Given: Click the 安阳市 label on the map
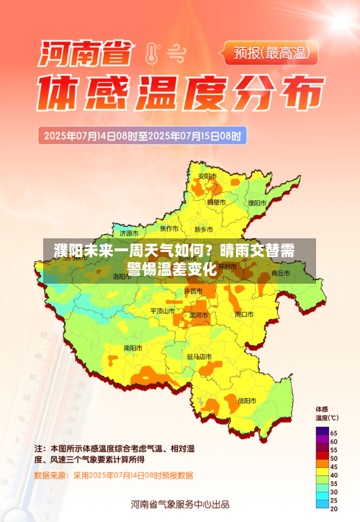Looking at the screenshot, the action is click(x=207, y=176).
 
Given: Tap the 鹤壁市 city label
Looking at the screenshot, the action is click(x=217, y=202).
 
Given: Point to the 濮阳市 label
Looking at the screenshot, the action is click(x=257, y=203).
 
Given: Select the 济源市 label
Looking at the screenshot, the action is click(x=130, y=233).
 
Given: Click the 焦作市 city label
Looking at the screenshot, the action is click(x=169, y=228).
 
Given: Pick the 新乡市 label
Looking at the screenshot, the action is click(x=204, y=229).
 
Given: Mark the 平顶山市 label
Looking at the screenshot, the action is click(x=163, y=310).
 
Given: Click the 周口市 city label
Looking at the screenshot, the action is click(x=244, y=314).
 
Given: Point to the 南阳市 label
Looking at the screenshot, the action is click(x=132, y=348).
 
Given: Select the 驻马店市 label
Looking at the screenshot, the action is click(x=199, y=356).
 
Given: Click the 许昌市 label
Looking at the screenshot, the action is click(x=193, y=291).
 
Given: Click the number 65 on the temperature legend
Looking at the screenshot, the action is click(x=333, y=431).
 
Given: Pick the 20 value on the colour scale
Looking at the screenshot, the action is click(x=333, y=509).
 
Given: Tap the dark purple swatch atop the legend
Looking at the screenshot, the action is click(x=321, y=431).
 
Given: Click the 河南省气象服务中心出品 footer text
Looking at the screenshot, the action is click(x=180, y=503).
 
